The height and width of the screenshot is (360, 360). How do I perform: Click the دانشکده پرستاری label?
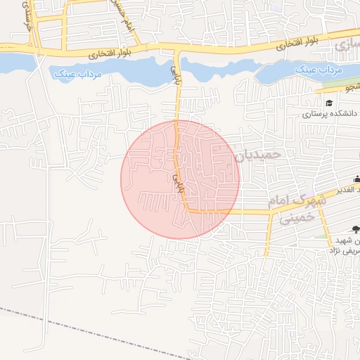(x=330, y=113)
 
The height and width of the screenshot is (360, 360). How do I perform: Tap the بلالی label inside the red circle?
(x=174, y=182)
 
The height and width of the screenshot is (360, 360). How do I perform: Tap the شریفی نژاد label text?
(x=345, y=250)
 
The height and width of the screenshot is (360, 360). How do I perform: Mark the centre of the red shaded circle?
(x=180, y=179)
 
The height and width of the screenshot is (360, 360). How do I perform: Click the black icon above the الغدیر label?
(x=356, y=179)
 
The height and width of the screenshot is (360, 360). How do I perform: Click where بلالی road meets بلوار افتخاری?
(x=176, y=49)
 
